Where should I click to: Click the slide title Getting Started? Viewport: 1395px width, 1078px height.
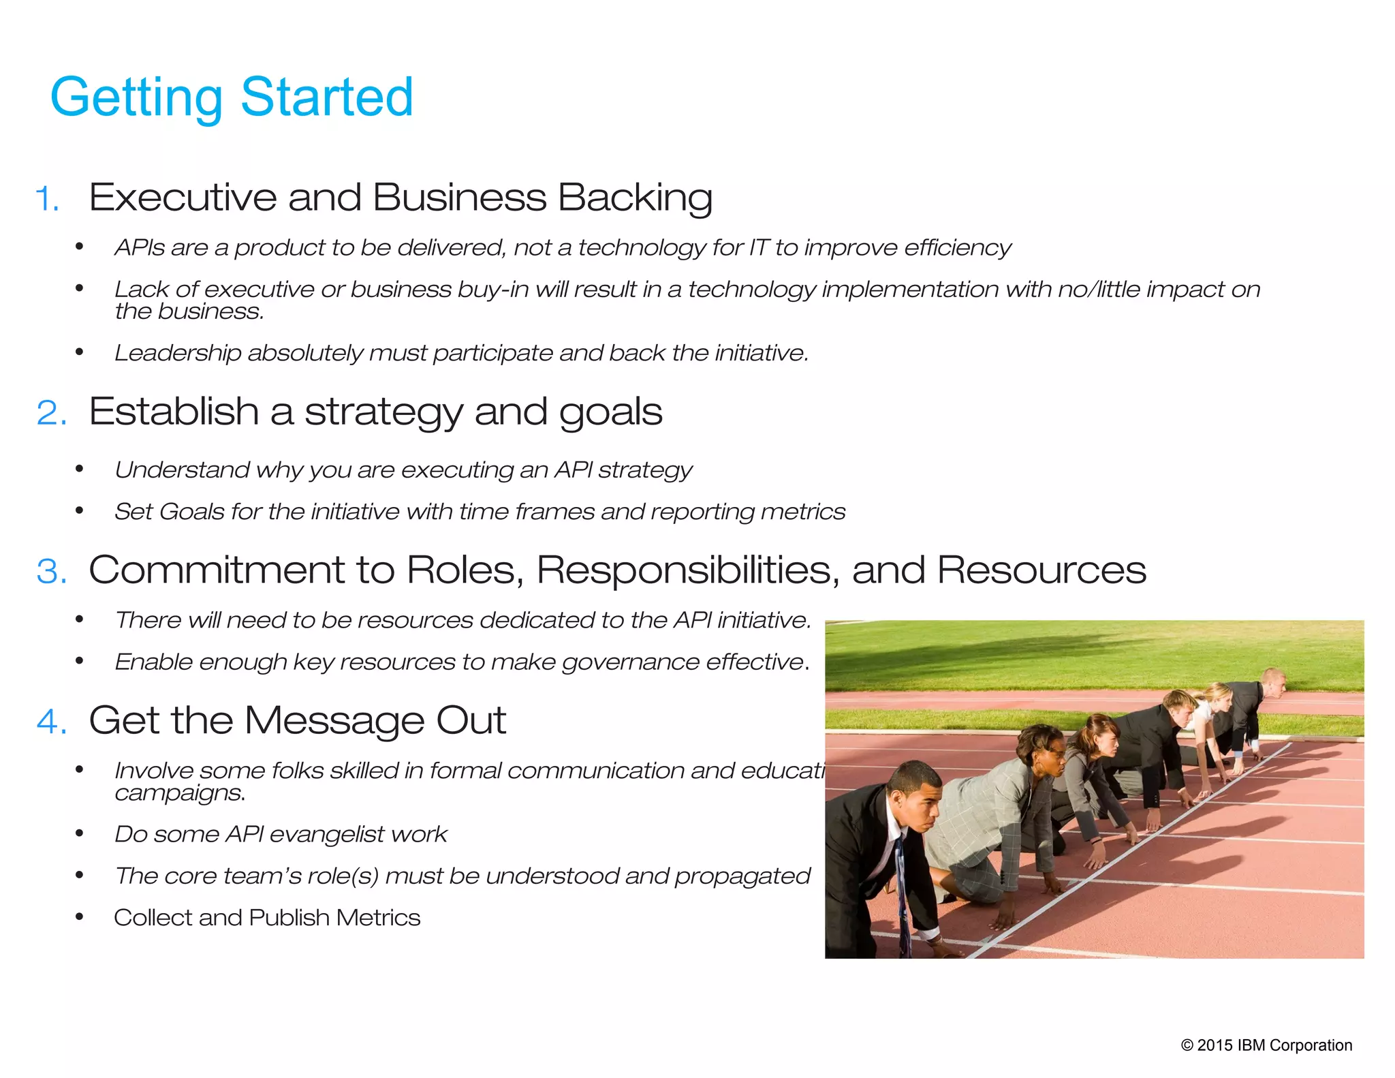tap(232, 97)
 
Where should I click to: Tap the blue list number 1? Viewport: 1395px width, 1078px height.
tap(47, 199)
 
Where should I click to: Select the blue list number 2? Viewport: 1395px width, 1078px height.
tap(52, 413)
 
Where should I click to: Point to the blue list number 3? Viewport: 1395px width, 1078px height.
tap(52, 570)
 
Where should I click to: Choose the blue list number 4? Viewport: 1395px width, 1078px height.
tap(52, 721)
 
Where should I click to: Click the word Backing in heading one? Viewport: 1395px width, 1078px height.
tap(635, 198)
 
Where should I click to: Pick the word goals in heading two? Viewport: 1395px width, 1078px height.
tap(610, 412)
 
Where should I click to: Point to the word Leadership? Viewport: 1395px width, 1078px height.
tap(178, 353)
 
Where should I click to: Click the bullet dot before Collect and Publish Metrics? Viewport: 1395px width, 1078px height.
tap(80, 917)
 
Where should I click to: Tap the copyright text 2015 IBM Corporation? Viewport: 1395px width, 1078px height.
tap(1266, 1045)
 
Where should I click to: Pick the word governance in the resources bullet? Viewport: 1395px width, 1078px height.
tap(630, 662)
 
